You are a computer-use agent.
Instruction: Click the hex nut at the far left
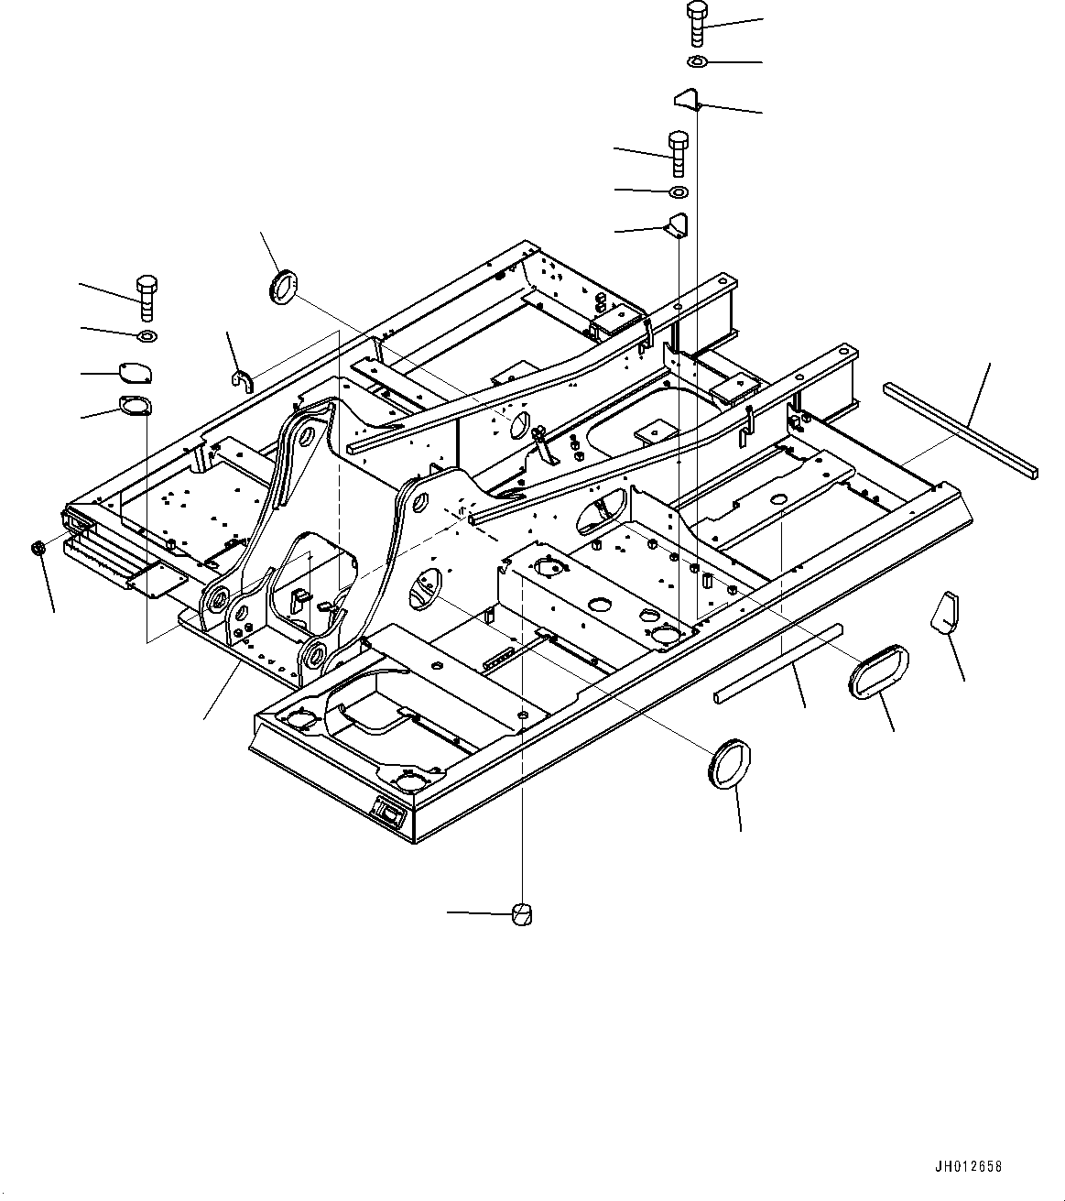(38, 548)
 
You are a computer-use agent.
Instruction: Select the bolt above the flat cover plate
(146, 296)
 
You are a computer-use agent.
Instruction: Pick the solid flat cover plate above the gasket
(136, 372)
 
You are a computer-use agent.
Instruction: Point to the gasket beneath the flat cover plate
(136, 405)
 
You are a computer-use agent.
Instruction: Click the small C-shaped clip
(241, 378)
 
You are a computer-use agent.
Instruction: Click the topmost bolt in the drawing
(696, 23)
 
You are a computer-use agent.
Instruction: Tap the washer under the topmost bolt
(695, 61)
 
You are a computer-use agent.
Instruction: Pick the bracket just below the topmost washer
(688, 97)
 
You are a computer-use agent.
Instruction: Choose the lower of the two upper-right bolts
(678, 152)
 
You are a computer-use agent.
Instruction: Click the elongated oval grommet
(878, 671)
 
